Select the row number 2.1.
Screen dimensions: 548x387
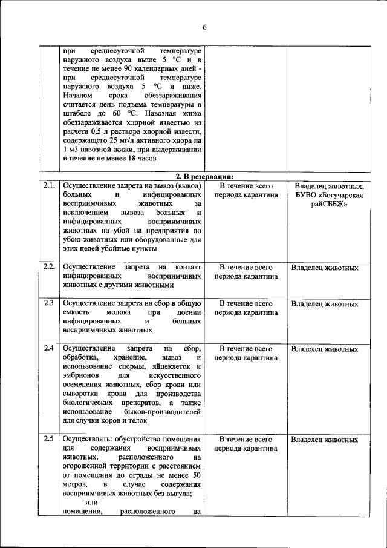pyautogui.click(x=49, y=185)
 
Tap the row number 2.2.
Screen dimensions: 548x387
pyautogui.click(x=49, y=266)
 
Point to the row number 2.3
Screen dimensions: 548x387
pyautogui.click(x=48, y=303)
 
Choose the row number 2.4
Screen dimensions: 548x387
pyautogui.click(x=48, y=348)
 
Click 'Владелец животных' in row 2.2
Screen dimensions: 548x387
pyautogui.click(x=324, y=267)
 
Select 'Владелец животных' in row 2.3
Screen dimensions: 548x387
pyautogui.click(x=324, y=303)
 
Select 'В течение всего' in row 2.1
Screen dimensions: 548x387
pyautogui.click(x=246, y=186)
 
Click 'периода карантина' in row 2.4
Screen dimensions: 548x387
pyautogui.click(x=246, y=358)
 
